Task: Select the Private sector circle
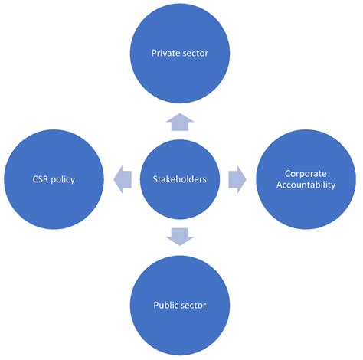[180, 54]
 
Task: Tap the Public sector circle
[180, 304]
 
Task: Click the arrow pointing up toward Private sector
[180, 119]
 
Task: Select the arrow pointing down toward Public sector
[180, 237]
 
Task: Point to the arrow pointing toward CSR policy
[121, 180]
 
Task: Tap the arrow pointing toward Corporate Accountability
[238, 180]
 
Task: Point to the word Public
[165, 305]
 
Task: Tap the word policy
[64, 180]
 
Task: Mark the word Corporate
[306, 174]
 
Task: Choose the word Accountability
[306, 185]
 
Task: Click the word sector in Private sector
[195, 54]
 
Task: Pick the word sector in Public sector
[195, 305]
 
